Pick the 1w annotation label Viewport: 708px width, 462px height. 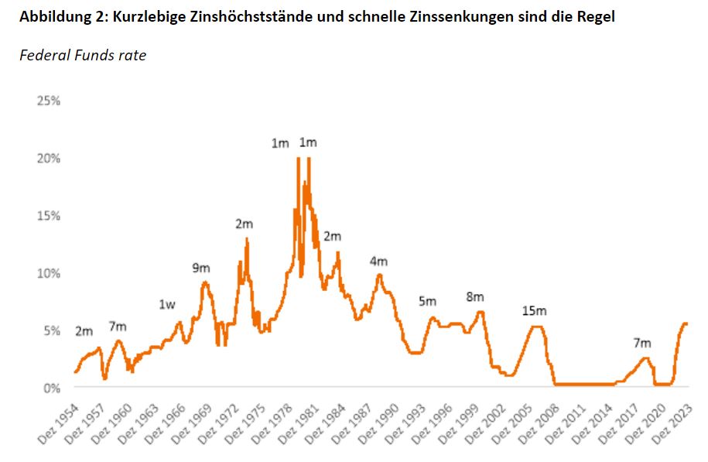[167, 305]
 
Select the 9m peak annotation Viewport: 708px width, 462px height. [201, 268]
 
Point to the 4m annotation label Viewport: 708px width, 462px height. [378, 262]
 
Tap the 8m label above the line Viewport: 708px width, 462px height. [474, 297]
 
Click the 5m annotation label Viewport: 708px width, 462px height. [427, 301]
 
